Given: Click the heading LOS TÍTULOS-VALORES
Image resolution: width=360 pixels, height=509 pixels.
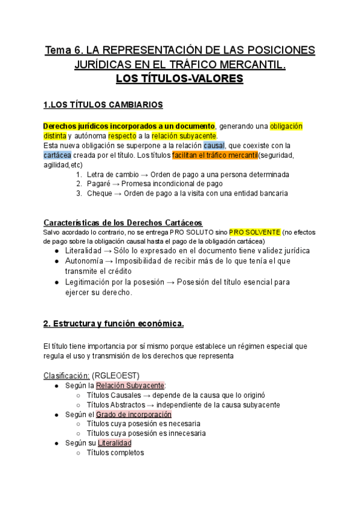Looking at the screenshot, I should [x=179, y=79].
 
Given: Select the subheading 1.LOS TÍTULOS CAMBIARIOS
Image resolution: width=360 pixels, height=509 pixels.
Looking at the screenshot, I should [x=103, y=105].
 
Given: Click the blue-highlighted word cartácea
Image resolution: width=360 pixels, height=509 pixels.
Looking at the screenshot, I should [x=58, y=155].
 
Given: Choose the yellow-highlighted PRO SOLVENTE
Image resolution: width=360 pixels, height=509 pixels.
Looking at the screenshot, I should [x=254, y=232].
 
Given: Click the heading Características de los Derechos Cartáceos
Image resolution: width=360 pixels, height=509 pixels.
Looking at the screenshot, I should [x=123, y=222].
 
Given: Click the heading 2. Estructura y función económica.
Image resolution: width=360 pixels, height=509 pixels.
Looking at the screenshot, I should [x=113, y=324].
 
